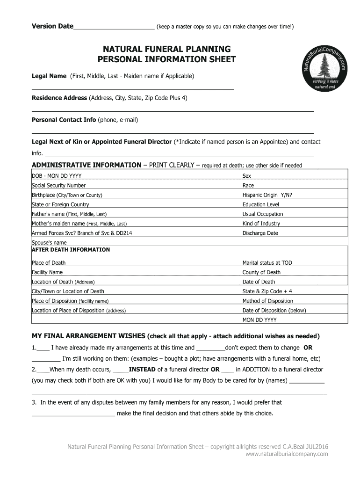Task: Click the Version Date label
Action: tap(52, 26)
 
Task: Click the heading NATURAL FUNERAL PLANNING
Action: tap(166, 49)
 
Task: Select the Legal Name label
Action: tap(49, 76)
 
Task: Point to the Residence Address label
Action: tap(59, 98)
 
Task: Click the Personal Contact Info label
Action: tap(64, 120)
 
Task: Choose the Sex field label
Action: tap(246, 176)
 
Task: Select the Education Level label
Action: tap(260, 204)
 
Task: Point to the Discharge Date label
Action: tap(260, 233)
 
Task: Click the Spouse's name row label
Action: tap(49, 243)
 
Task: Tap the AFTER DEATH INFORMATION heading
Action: tap(71, 250)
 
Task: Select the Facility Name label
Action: tap(47, 272)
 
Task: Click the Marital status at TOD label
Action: tap(267, 263)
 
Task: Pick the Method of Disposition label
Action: tap(267, 301)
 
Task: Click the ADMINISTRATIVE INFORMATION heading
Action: tap(86, 165)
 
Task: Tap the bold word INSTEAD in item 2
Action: tap(142, 370)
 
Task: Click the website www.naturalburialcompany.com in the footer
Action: tap(287, 454)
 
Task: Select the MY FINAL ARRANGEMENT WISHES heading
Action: tap(88, 336)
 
